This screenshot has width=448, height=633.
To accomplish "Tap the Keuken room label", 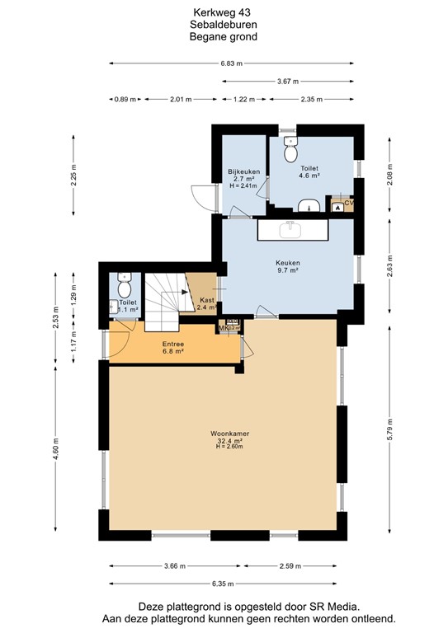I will tap(287, 262).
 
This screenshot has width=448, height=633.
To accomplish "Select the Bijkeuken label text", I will tap(244, 171).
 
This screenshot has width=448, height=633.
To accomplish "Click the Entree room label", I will tap(172, 344).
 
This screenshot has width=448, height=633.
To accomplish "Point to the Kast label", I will tap(207, 300).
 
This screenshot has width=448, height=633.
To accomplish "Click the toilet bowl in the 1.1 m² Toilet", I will tap(124, 288).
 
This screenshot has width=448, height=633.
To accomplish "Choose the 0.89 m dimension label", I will tap(125, 99).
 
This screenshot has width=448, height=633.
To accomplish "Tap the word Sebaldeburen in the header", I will tap(224, 25).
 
